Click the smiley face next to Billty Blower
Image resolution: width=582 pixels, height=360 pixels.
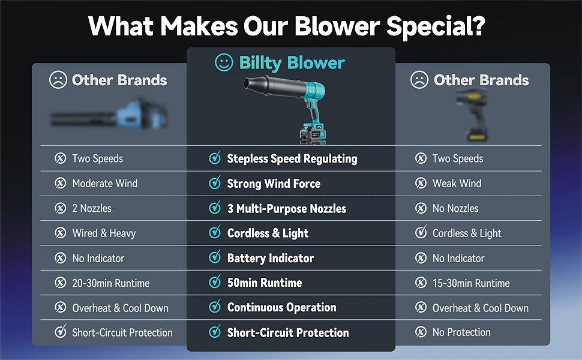click(x=224, y=62)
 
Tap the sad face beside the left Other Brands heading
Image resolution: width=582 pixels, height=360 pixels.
click(x=58, y=80)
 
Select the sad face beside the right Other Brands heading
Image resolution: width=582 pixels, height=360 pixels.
click(x=419, y=80)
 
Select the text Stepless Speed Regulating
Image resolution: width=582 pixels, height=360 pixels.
click(x=292, y=159)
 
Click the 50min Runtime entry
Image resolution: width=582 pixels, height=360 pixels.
click(x=264, y=283)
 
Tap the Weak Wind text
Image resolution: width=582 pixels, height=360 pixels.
click(x=457, y=184)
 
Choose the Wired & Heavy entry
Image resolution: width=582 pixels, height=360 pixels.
click(x=104, y=233)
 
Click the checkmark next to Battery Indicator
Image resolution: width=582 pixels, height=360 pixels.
click(x=214, y=257)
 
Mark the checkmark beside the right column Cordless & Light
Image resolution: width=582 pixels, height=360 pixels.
click(x=421, y=233)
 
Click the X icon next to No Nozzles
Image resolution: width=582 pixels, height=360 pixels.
click(x=421, y=208)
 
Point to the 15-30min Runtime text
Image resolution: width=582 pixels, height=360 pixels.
click(x=471, y=283)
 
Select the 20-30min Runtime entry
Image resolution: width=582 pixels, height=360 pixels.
click(x=110, y=283)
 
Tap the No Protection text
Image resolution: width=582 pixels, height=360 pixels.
click(x=461, y=332)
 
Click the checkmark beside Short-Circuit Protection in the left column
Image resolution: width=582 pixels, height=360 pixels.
click(x=61, y=332)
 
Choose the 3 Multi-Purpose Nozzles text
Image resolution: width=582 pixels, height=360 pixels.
click(x=286, y=209)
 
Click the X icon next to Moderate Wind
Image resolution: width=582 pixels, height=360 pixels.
click(x=61, y=184)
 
